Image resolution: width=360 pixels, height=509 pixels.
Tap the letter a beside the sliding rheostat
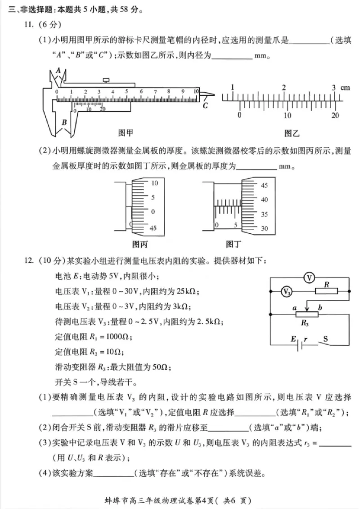[x=294, y=307]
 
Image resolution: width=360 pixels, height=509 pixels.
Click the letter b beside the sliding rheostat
[x=319, y=307]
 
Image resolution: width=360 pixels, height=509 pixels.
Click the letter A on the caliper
[x=58, y=69]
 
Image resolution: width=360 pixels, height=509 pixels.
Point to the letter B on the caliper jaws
[x=64, y=122]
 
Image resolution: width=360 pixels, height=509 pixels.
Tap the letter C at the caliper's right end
[x=205, y=106]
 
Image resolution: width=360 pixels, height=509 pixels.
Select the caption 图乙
[x=292, y=133]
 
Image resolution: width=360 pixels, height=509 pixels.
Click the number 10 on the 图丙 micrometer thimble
[x=155, y=183]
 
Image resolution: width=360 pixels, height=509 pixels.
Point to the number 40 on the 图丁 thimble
[x=265, y=200]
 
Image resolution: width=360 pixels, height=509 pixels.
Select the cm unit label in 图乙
[x=345, y=88]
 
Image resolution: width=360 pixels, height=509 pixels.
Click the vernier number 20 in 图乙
[x=334, y=115]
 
